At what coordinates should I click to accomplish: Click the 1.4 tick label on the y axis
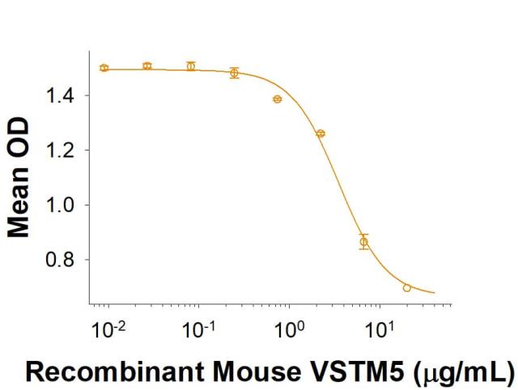pyautogui.click(x=59, y=95)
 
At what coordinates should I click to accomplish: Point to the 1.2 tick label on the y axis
pyautogui.click(x=59, y=150)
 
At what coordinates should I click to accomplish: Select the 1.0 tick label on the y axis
pyautogui.click(x=59, y=206)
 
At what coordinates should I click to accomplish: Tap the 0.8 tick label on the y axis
pyautogui.click(x=59, y=261)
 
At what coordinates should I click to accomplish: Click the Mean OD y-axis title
pyautogui.click(x=19, y=178)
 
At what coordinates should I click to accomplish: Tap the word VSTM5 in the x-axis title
pyautogui.click(x=355, y=371)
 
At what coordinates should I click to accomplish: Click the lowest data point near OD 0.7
pyautogui.click(x=407, y=288)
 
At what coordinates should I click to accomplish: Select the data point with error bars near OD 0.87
pyautogui.click(x=364, y=242)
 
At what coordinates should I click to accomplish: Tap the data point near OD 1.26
pyautogui.click(x=321, y=134)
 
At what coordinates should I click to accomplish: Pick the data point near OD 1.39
pyautogui.click(x=278, y=99)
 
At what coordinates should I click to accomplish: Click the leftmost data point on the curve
pyautogui.click(x=104, y=68)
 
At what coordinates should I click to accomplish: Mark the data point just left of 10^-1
pyautogui.click(x=191, y=66)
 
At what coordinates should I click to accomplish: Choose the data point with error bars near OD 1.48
pyautogui.click(x=234, y=73)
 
